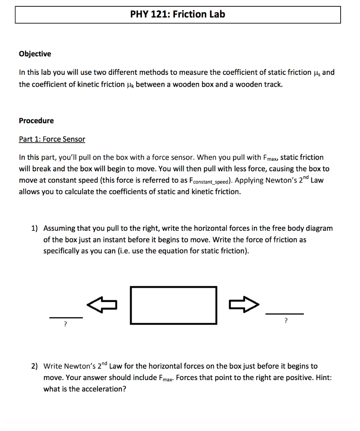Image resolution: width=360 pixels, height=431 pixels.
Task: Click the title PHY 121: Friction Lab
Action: [177, 14]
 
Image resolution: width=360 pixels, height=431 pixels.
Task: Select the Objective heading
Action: [35, 53]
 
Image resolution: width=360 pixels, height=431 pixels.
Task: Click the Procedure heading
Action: [36, 120]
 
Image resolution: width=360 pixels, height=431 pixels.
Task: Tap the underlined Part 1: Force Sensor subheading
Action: [52, 139]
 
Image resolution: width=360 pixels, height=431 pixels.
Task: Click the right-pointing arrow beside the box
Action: [245, 304]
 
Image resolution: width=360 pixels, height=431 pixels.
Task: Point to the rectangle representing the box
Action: [173, 305]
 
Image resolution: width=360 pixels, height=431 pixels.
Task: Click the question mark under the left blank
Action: [65, 324]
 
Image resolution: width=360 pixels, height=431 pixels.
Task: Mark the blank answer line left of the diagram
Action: [66, 317]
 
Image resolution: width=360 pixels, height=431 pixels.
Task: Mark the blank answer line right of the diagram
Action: [284, 314]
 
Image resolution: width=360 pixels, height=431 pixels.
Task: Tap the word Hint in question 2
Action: [322, 378]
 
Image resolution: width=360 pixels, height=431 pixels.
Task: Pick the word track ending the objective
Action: [273, 84]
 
